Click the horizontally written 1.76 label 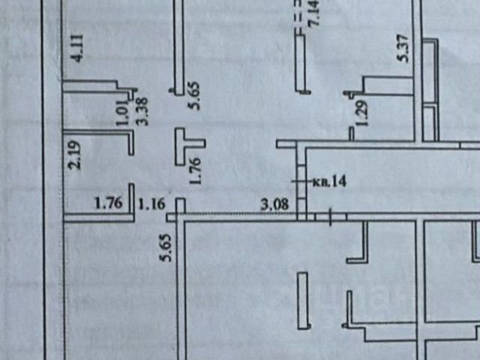[x=109, y=202]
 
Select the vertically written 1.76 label [x=196, y=169]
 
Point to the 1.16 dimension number [x=153, y=202]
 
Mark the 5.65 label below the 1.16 [x=167, y=247]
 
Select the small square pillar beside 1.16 [x=181, y=205]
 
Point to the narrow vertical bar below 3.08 [x=302, y=301]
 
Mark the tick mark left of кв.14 [x=295, y=181]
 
